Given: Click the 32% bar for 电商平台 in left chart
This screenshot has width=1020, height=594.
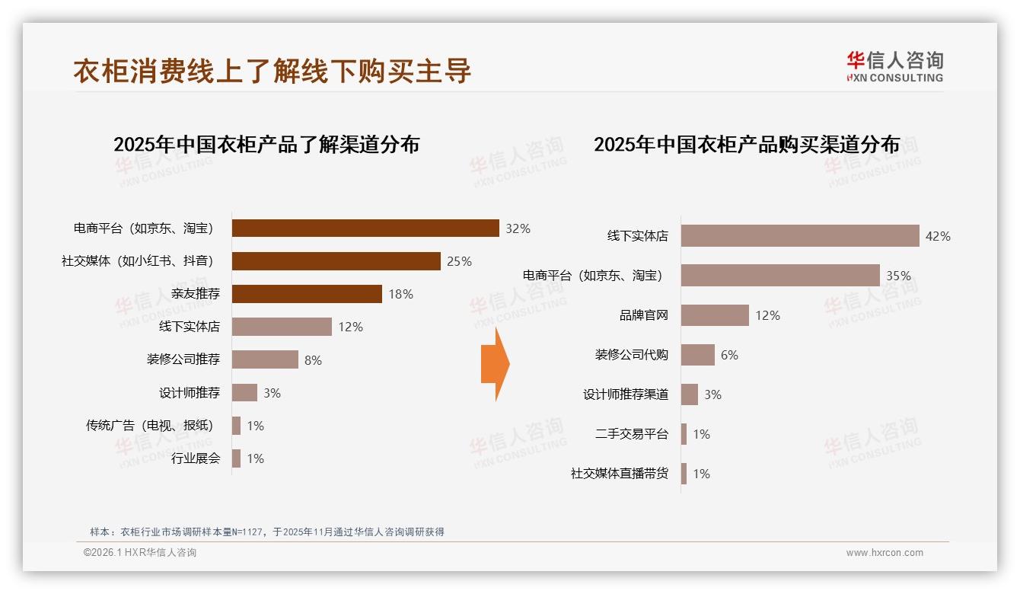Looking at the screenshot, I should point(365,228).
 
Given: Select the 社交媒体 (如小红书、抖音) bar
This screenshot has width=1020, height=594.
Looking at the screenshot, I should point(336,261).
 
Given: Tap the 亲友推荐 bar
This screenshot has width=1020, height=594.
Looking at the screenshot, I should point(307,294).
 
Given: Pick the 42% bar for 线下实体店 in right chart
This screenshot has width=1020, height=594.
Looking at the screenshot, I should point(800,236).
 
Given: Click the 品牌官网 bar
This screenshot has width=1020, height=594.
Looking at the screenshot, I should point(715,315).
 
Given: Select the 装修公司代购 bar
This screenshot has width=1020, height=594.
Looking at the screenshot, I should point(697,355).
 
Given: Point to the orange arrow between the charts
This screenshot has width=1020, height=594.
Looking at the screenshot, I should point(495,364).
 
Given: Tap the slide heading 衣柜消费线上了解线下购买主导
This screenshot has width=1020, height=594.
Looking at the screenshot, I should point(273,71).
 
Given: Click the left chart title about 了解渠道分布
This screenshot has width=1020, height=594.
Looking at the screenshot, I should point(266,145).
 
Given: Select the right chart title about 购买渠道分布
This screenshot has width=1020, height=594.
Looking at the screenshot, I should point(747,145).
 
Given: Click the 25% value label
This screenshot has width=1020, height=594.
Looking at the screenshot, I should point(459,261).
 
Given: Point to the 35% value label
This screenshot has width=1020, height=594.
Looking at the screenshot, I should point(898,276).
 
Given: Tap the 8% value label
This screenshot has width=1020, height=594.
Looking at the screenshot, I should point(313,360).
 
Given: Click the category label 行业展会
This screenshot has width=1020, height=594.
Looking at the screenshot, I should point(195,458).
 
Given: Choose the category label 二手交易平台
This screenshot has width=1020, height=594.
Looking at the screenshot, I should point(631,434).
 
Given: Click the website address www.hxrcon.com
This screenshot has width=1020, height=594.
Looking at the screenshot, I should point(885,553).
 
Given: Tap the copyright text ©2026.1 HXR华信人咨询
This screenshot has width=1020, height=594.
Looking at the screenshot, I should point(140,553).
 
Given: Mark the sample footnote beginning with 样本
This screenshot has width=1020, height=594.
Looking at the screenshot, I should point(266,532).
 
